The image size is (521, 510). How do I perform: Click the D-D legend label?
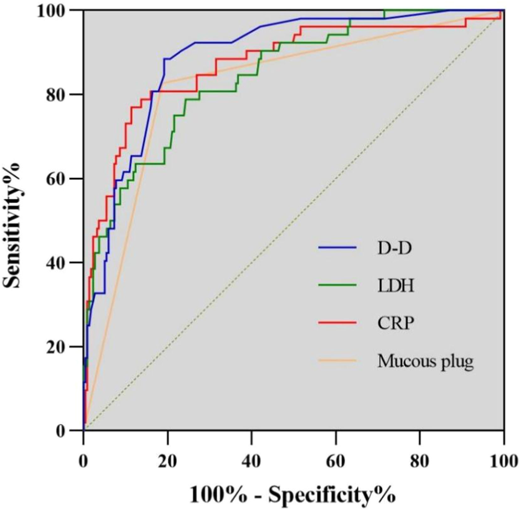click(x=395, y=248)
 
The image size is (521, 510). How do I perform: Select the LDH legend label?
click(x=396, y=286)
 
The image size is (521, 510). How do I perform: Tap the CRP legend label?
click(x=396, y=323)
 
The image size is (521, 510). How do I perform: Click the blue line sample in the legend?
click(x=337, y=248)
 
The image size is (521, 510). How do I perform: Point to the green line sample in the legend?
click(x=337, y=285)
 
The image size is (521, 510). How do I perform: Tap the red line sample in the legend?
click(x=337, y=322)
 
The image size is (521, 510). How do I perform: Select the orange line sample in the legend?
click(x=337, y=360)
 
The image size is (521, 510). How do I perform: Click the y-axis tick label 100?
click(x=56, y=10)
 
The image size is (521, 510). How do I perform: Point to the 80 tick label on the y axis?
click(x=60, y=94)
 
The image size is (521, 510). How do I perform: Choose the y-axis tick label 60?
click(x=60, y=178)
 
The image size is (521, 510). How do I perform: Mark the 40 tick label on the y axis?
click(x=60, y=262)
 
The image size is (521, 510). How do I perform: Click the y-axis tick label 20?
click(x=60, y=346)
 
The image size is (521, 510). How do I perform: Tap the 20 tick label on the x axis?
click(x=167, y=462)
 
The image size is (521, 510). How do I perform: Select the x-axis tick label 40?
click(x=251, y=462)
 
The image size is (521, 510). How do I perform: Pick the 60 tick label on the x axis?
click(x=336, y=462)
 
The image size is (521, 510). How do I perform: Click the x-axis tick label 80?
click(x=420, y=462)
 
